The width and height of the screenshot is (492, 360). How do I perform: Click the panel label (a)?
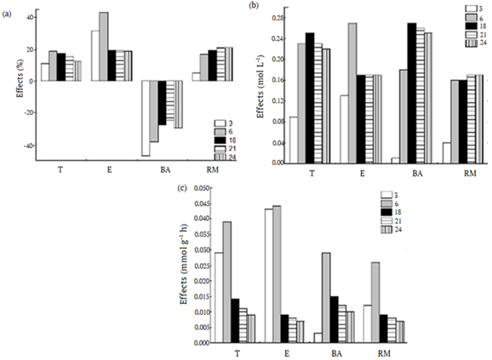(10, 9)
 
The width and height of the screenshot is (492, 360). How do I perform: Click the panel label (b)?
(253, 6)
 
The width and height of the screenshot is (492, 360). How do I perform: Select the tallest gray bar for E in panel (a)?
(103, 47)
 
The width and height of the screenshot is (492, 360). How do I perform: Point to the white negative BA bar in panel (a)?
(146, 118)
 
